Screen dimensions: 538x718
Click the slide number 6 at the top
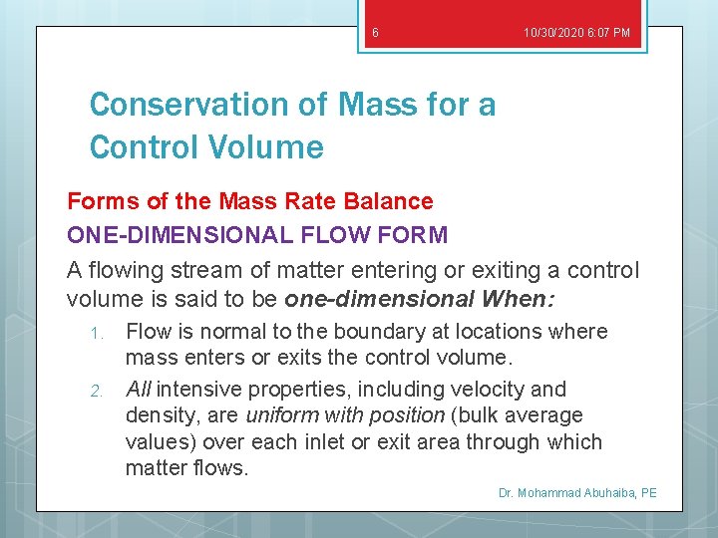click(x=375, y=33)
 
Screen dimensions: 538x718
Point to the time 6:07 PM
click(x=611, y=33)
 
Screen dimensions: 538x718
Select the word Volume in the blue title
click(x=269, y=147)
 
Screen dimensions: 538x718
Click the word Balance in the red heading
click(x=388, y=201)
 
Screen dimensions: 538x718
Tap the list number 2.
click(x=97, y=391)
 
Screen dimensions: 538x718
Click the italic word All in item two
click(x=139, y=389)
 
